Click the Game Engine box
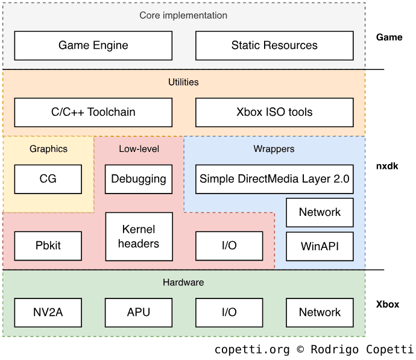(93, 45)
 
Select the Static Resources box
(274, 45)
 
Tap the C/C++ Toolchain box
(93, 112)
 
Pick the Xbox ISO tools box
(274, 112)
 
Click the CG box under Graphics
(48, 179)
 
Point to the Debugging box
(139, 179)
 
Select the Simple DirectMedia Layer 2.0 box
(274, 179)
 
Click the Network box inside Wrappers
(320, 212)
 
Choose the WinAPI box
(320, 246)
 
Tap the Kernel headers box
(139, 236)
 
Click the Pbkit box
(48, 246)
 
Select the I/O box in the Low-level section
(229, 246)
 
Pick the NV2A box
(48, 312)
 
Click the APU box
(139, 312)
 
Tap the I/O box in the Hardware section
(229, 312)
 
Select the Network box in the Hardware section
(320, 312)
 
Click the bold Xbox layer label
(388, 305)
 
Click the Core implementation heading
(184, 15)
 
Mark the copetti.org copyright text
(314, 350)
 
